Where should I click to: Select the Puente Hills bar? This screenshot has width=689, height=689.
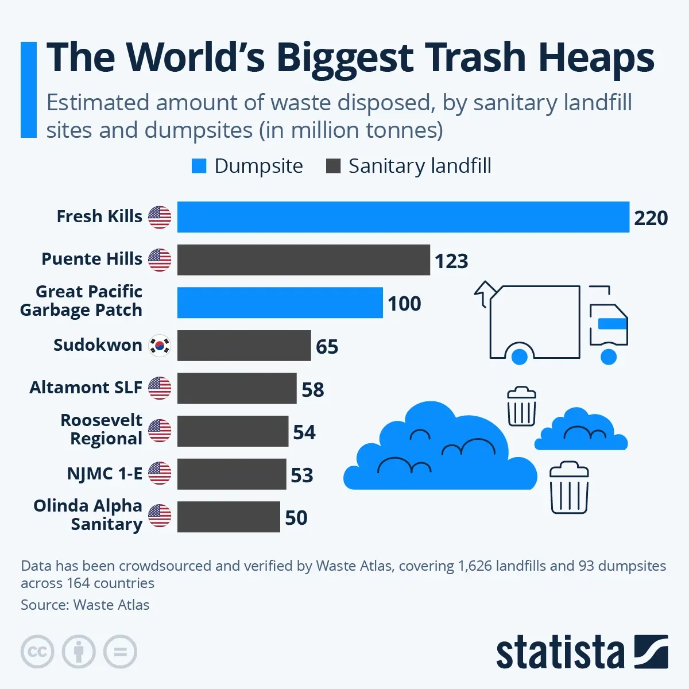tap(303, 260)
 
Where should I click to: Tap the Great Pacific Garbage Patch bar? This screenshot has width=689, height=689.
tap(280, 303)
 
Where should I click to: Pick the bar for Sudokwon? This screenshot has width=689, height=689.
tap(244, 346)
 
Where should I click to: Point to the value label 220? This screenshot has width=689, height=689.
tap(651, 218)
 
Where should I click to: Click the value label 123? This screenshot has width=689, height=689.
tap(451, 261)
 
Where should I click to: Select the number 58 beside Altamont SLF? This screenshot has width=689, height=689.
tap(313, 390)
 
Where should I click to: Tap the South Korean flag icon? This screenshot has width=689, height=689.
tap(160, 346)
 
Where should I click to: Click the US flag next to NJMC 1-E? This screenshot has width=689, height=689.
tap(160, 474)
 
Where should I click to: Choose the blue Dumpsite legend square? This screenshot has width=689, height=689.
tap(199, 166)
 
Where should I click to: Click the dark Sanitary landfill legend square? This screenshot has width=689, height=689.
tap(333, 166)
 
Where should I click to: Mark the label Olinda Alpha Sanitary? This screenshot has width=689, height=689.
tap(88, 514)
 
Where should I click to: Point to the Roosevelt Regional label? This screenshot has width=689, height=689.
tap(102, 429)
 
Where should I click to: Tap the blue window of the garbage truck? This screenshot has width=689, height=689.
tap(612, 324)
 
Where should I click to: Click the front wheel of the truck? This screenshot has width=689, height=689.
tap(608, 357)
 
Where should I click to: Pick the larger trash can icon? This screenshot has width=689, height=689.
tap(569, 487)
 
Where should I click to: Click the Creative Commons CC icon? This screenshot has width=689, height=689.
tap(37, 652)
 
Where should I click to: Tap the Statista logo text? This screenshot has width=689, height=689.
tap(560, 653)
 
